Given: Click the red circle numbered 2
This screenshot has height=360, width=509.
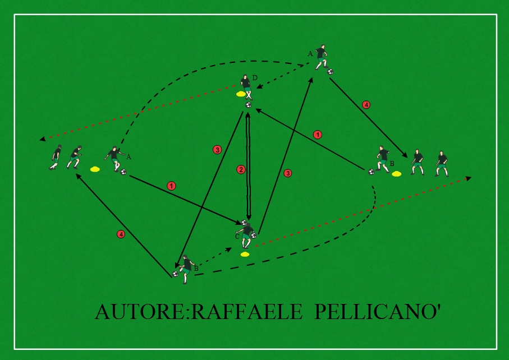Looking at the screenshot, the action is click(241, 169).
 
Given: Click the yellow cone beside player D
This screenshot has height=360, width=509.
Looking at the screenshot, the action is click(241, 94).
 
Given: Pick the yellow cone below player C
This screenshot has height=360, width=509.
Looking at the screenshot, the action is click(245, 255).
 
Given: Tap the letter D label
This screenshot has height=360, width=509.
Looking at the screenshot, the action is click(254, 79).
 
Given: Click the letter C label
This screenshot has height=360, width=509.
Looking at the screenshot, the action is click(237, 237).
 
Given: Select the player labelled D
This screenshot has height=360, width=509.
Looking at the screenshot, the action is click(246, 85).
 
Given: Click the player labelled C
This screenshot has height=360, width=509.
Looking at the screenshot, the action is click(247, 233).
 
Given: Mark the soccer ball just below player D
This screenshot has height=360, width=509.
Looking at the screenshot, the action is click(248, 105).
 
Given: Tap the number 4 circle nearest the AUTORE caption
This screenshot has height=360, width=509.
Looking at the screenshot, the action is click(121, 234).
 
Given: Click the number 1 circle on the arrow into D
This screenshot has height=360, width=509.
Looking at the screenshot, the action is click(318, 135).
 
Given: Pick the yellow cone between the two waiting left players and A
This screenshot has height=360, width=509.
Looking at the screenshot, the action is click(94, 168).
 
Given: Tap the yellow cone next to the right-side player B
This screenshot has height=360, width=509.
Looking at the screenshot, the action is click(397, 173).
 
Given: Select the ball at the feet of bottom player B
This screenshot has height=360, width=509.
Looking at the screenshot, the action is click(175, 274).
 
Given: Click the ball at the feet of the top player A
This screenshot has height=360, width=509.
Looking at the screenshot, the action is click(330, 72).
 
